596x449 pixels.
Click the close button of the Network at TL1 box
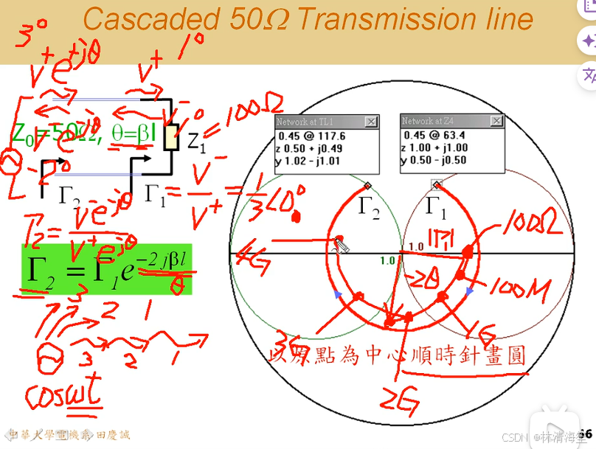click(371, 122)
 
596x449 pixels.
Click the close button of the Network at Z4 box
click(496, 121)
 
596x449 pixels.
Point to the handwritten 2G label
click(400, 400)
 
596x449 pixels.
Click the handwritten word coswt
click(63, 399)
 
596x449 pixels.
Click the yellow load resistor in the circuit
click(170, 138)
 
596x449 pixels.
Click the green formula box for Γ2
click(107, 269)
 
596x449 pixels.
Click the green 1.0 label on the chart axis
click(387, 260)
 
